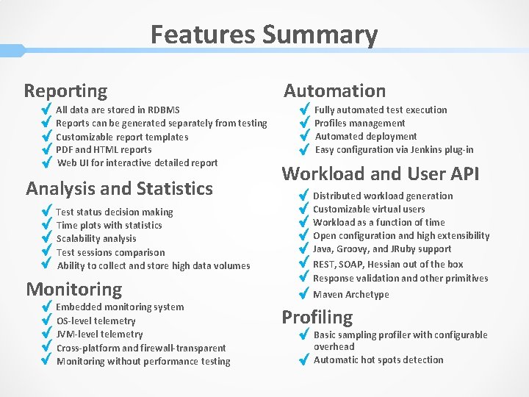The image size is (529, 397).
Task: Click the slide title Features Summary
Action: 264,35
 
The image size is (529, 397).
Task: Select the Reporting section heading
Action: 65,91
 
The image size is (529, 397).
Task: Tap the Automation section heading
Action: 334,90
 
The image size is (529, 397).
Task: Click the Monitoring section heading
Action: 73,289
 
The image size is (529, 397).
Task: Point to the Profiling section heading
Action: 317,317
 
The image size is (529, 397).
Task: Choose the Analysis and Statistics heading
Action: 119,188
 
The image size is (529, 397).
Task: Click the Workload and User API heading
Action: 380,174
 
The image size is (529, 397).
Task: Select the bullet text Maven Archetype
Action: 350,295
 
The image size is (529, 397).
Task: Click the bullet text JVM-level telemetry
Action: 99,335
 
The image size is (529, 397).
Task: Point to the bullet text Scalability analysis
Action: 96,239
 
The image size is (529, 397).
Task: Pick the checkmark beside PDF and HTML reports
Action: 46,150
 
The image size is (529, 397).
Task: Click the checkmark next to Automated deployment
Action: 304,137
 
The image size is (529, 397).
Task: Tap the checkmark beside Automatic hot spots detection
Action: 303,360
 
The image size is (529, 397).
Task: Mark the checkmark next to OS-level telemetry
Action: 46,321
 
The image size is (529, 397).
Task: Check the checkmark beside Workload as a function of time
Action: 303,223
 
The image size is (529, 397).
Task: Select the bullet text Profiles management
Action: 359,124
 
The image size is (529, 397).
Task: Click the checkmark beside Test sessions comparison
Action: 46,253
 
